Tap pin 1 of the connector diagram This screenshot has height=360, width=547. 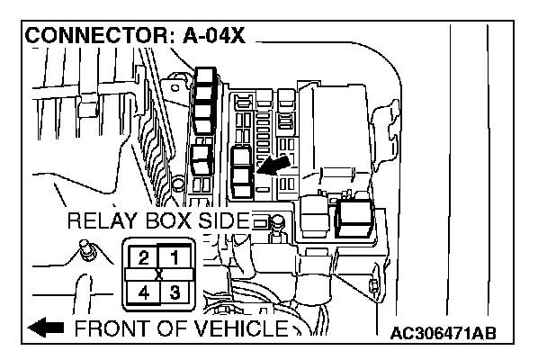point(175,257)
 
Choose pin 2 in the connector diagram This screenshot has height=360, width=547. point(142,257)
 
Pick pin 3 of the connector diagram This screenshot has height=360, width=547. point(175,291)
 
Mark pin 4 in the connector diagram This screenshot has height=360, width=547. point(142,291)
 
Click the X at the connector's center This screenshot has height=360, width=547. point(159,274)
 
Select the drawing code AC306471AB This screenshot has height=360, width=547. point(444,335)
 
